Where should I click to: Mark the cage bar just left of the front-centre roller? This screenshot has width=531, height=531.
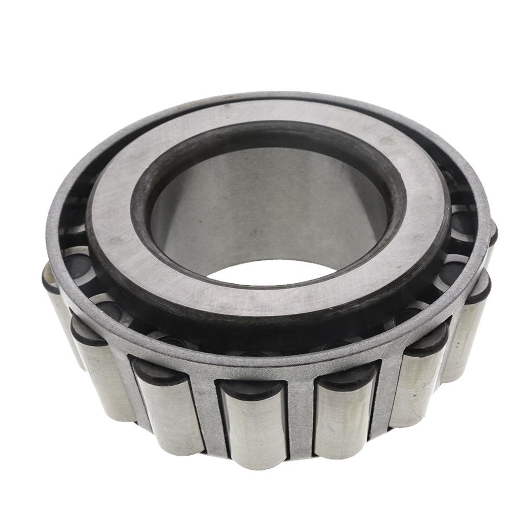tap(207, 415)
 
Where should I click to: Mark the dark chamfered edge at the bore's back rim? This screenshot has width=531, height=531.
tap(270, 136)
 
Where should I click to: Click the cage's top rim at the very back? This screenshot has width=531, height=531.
tap(270, 95)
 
